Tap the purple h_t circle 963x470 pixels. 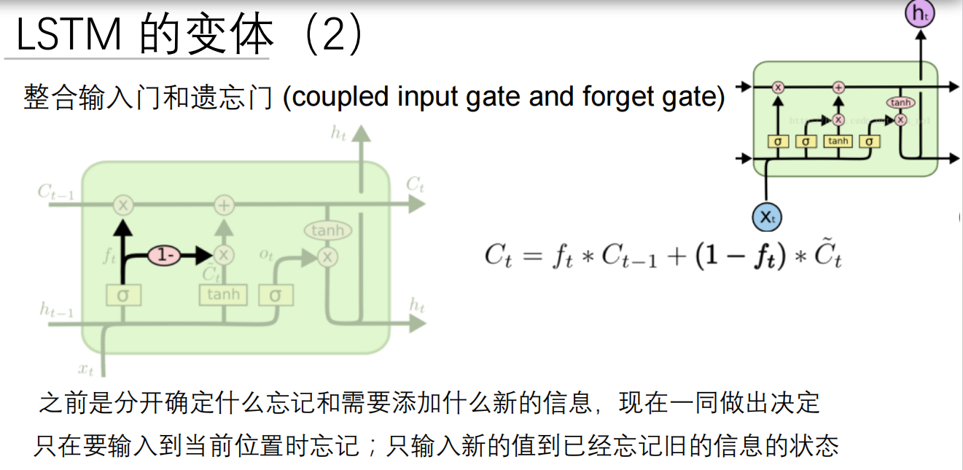pyautogui.click(x=919, y=15)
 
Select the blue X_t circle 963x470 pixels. pyautogui.click(x=766, y=217)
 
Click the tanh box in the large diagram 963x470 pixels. pyautogui.click(x=223, y=294)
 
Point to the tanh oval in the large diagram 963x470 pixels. pyautogui.click(x=327, y=231)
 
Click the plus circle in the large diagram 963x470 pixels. pyautogui.click(x=224, y=205)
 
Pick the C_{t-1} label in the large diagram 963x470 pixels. pyautogui.click(x=56, y=192)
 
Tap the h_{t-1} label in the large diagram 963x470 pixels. pyautogui.click(x=56, y=311)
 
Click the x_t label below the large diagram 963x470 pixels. pyautogui.click(x=86, y=369)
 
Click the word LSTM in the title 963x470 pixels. pyautogui.click(x=70, y=35)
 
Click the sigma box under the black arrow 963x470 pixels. pyautogui.click(x=122, y=295)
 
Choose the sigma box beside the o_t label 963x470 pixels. pyautogui.click(x=275, y=295)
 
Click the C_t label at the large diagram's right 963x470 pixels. pyautogui.click(x=415, y=185)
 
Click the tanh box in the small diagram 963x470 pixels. pyautogui.click(x=838, y=141)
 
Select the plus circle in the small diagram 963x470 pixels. pyautogui.click(x=838, y=87)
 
